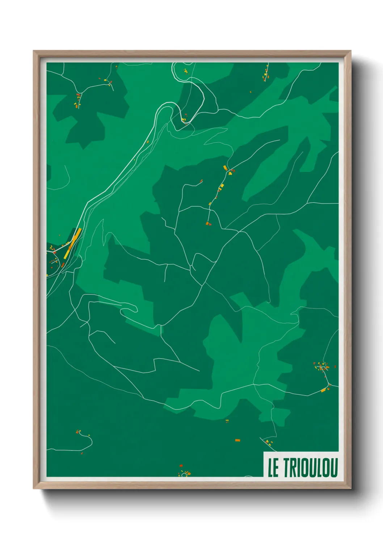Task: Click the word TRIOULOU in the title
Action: point(311,468)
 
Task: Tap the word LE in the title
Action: point(273,468)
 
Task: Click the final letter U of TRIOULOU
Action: point(334,468)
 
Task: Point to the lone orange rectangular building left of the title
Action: point(237,440)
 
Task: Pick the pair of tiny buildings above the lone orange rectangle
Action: point(227,421)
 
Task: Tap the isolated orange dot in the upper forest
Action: point(251,92)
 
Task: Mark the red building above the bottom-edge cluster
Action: point(181,466)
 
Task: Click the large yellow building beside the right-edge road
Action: point(323,390)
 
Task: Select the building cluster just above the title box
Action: point(268,442)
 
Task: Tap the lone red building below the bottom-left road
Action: point(82,453)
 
